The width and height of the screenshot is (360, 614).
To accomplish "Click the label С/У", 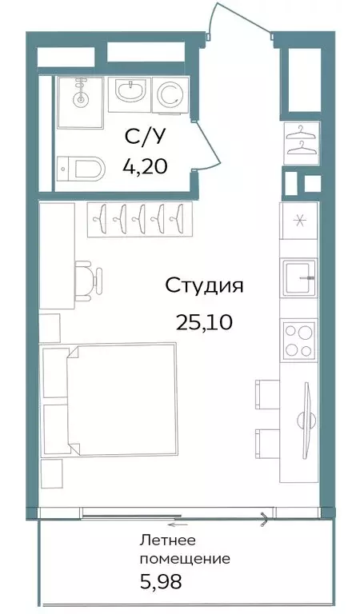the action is point(143,137).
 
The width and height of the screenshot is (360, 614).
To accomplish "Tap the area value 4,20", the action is point(145,166).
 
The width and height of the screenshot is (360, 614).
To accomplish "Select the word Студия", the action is point(204,286).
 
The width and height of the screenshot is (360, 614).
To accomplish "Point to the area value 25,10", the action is point(204,322).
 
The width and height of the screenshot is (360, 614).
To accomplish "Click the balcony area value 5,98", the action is point(161,582).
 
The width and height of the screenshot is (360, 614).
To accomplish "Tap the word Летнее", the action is point(168,540).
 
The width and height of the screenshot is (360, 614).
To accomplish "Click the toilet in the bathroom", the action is point(81,169).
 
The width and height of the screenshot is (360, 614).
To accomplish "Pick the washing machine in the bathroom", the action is point(170,94).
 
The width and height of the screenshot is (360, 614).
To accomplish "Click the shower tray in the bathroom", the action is point(80,102).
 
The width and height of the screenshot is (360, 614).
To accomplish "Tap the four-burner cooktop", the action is point(300,340).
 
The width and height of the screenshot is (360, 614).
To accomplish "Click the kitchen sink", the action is point(300,277).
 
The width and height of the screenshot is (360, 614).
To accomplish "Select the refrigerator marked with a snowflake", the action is point(299,221).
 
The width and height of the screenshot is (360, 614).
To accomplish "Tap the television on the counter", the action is point(306,421).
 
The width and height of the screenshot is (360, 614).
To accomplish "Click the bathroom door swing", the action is point(210,146).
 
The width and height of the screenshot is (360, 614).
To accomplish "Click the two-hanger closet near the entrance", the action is point(302,142).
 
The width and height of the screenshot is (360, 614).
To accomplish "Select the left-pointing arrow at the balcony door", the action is point(177,524).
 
